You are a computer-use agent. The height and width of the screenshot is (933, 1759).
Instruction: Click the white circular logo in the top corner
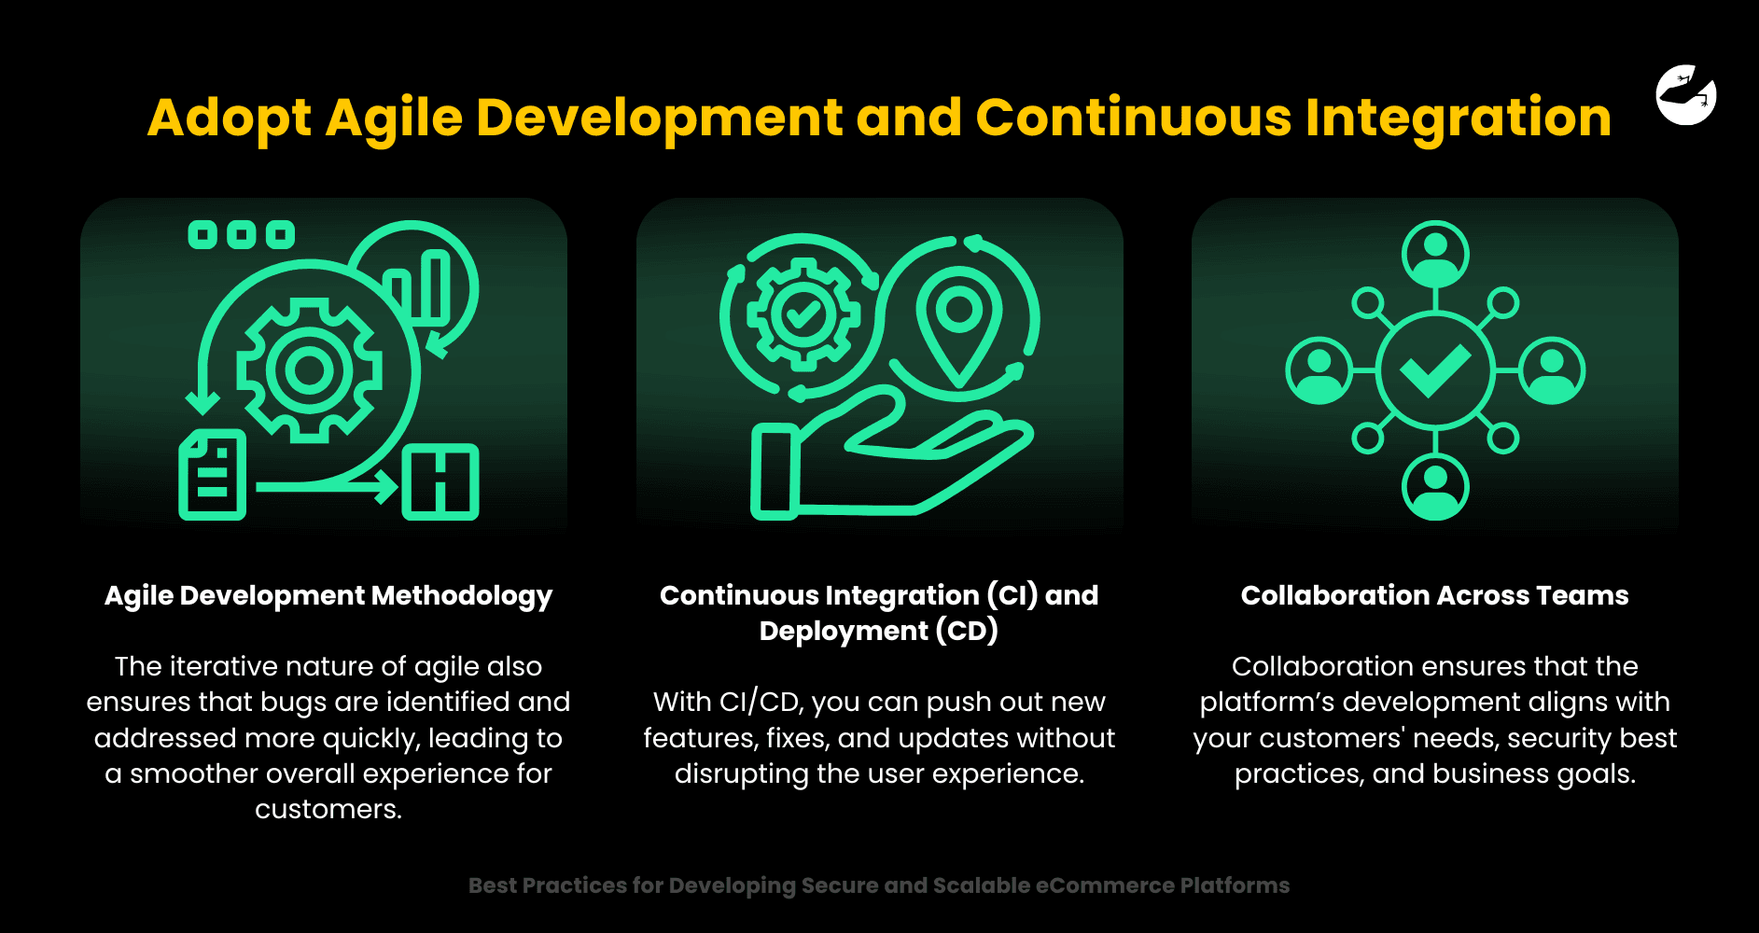click(x=1686, y=95)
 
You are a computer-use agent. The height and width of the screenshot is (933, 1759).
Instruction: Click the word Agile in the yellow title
click(x=394, y=119)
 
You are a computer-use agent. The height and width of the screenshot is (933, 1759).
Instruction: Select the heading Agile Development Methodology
click(x=328, y=596)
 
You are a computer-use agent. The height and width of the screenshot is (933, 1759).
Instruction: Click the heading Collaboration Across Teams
click(x=1434, y=595)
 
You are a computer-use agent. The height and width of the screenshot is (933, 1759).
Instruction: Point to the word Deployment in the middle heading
click(x=844, y=632)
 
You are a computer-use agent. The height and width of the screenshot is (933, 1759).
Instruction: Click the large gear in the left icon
click(x=309, y=370)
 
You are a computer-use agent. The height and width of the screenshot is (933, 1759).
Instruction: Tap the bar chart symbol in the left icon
click(x=417, y=286)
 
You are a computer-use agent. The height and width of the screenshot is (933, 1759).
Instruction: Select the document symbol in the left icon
click(x=212, y=475)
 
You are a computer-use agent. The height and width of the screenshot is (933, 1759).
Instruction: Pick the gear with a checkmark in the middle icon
click(x=803, y=315)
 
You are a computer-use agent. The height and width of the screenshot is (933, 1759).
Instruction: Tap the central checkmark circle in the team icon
click(x=1435, y=370)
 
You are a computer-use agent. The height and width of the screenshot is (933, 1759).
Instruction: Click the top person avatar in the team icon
click(x=1435, y=255)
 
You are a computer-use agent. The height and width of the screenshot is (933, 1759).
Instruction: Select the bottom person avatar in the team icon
click(x=1435, y=487)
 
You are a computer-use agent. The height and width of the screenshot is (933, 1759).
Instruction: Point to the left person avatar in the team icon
click(x=1319, y=370)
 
